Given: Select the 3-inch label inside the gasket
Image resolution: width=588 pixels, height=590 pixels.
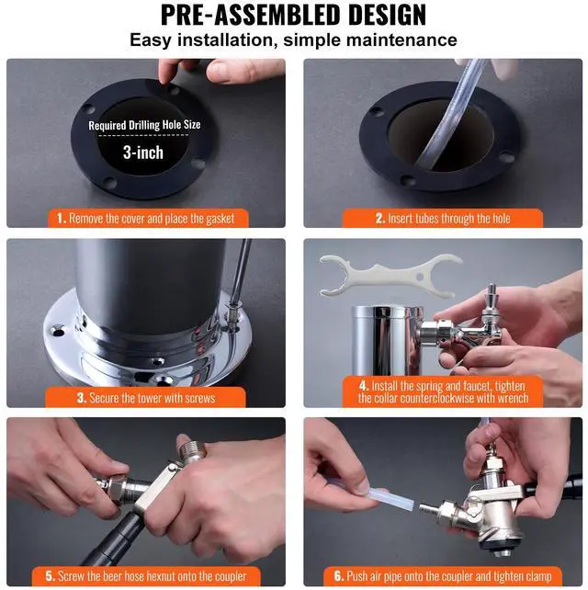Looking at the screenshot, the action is click(143, 153).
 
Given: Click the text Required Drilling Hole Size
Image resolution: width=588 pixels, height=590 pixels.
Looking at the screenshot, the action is click(144, 125).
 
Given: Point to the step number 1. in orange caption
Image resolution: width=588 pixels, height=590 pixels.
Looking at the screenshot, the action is click(62, 218).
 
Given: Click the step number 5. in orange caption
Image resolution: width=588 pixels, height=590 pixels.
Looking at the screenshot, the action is click(51, 575).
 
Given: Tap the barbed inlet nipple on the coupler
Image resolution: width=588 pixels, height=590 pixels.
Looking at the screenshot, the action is click(429, 509).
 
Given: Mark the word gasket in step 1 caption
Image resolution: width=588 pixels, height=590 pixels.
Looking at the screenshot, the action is click(220, 219).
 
